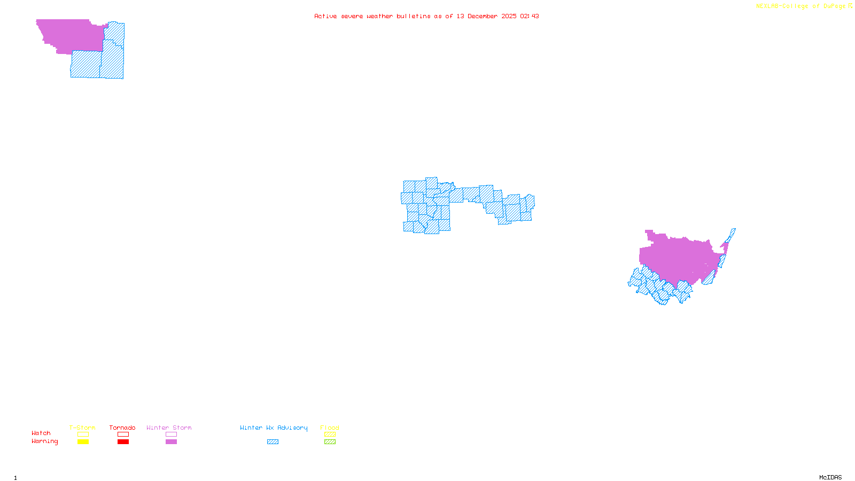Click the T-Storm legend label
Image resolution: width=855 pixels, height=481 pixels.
[82, 428]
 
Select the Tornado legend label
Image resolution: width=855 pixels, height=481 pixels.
[122, 428]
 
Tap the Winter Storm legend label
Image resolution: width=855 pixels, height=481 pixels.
[169, 428]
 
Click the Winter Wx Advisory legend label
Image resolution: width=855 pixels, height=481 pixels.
[274, 428]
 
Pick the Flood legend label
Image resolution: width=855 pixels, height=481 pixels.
[330, 428]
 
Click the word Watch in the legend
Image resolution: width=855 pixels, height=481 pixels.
[41, 433]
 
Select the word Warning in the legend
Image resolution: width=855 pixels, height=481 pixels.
[45, 441]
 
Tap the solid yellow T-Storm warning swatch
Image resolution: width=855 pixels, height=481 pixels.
[83, 442]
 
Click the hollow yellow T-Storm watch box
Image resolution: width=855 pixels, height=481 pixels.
[83, 435]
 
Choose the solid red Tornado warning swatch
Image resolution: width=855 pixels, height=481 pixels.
[123, 442]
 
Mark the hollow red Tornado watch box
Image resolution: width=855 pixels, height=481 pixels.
[123, 435]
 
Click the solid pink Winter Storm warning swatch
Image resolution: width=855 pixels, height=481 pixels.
[171, 442]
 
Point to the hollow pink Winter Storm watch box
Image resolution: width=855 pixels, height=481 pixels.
[171, 435]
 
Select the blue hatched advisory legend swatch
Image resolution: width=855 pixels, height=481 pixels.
[273, 442]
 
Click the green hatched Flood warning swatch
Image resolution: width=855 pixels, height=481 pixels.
[330, 442]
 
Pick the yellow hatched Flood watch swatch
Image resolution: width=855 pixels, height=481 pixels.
[330, 435]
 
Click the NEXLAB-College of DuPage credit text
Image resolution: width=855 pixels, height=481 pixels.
[801, 6]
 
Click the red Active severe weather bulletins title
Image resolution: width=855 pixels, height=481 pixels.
[426, 16]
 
